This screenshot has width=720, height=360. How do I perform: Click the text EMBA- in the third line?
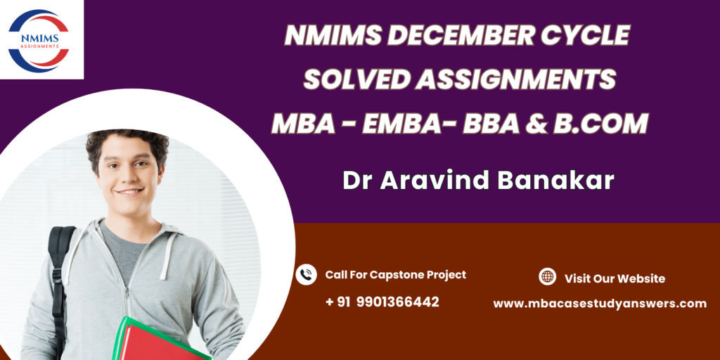[407, 124]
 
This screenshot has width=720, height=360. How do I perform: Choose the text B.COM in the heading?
[600, 124]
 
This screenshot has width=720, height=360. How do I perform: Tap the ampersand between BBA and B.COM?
[536, 124]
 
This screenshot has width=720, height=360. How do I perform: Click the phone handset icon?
[307, 275]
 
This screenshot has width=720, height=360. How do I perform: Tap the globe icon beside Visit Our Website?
[547, 276]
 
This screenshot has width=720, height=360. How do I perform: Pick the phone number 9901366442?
[398, 302]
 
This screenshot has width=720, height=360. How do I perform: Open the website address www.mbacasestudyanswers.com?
[600, 304]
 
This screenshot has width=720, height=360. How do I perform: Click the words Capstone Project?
[418, 275]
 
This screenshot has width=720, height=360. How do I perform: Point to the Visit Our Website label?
[615, 278]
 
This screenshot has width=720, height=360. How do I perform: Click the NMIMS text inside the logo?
[39, 39]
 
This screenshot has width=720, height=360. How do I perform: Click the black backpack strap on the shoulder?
[60, 276]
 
